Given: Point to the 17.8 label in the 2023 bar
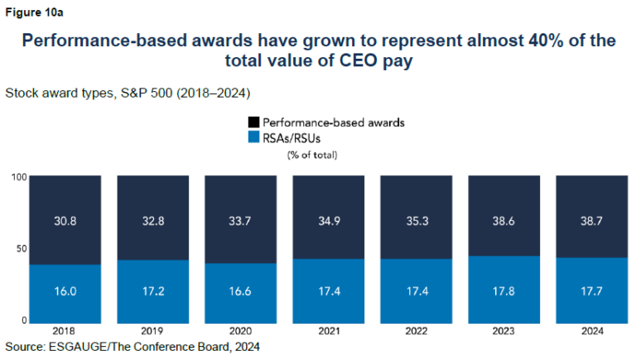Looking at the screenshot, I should [x=503, y=292].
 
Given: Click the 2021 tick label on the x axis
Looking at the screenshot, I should [x=328, y=330].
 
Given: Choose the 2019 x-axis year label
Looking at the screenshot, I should [x=152, y=330].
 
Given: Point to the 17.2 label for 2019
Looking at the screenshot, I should [x=152, y=292].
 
